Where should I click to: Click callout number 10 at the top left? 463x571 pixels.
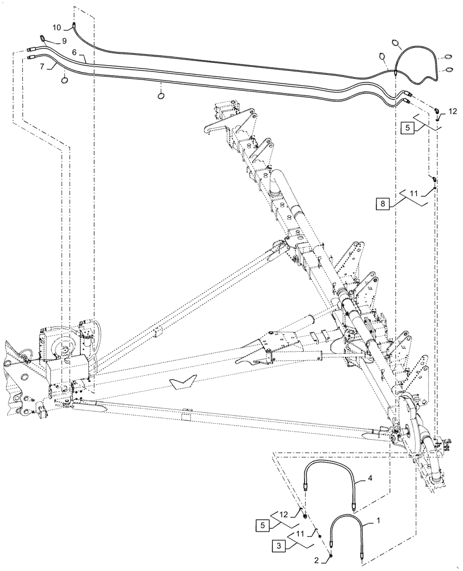pyautogui.click(x=56, y=27)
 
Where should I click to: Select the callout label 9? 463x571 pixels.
pyautogui.click(x=64, y=41)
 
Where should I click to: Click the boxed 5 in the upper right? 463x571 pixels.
pyautogui.click(x=408, y=128)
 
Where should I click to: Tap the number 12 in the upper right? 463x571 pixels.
pyautogui.click(x=452, y=110)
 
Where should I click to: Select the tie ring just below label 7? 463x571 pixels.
pyautogui.click(x=66, y=81)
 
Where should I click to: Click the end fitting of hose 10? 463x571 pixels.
pyautogui.click(x=74, y=24)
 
